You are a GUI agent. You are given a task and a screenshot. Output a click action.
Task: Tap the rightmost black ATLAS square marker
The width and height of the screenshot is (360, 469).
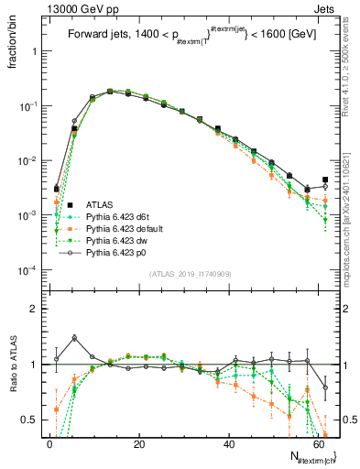(x=324, y=180)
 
